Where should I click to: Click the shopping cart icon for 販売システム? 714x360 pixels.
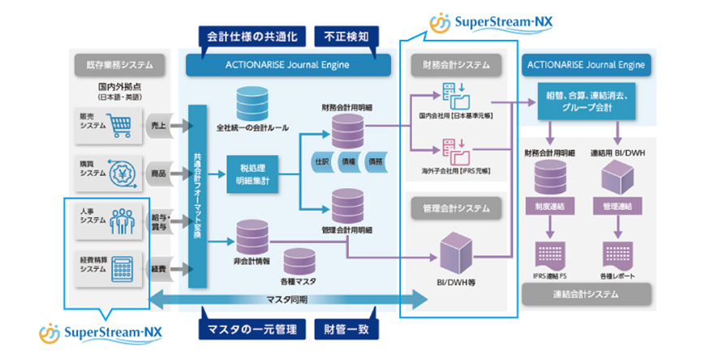tap(120, 124)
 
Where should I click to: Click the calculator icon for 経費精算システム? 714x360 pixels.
tap(120, 267)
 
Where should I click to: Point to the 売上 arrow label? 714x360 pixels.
tap(160, 125)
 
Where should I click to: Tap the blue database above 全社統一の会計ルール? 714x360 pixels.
tap(252, 104)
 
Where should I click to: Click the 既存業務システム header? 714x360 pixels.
tap(120, 64)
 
